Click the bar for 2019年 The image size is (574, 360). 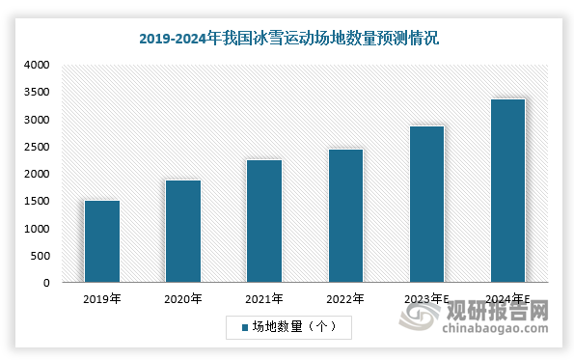(102, 241)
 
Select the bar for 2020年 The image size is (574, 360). (183, 232)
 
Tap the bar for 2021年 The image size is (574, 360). (264, 221)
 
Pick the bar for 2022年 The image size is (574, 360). (345, 216)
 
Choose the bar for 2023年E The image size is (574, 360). (426, 205)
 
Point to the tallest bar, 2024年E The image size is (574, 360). (507, 191)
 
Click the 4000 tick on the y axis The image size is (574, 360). (37, 66)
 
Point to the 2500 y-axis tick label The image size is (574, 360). (37, 147)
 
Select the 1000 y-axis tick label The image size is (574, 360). (37, 229)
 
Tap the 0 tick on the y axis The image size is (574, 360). (45, 283)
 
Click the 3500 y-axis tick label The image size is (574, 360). (37, 93)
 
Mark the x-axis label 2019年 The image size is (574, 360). (102, 300)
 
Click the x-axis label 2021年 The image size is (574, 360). (264, 300)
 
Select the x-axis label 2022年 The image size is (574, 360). (345, 300)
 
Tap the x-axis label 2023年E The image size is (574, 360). (428, 300)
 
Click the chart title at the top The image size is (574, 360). (287, 39)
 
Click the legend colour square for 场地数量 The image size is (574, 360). (244, 328)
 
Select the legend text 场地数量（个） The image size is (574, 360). (294, 328)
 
